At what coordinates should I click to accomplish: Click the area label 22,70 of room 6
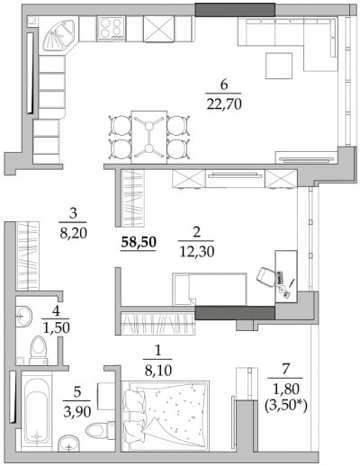coord(224,104)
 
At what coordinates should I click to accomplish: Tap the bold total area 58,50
coord(139,242)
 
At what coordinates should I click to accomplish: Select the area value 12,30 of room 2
coord(197,252)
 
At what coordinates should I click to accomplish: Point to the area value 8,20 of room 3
coord(74,233)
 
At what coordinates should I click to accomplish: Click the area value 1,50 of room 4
coord(57,328)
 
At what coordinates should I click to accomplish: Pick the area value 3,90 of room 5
coord(77,412)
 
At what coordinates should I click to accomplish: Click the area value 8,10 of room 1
coord(158,371)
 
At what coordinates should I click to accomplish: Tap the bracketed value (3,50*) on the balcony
coord(285,407)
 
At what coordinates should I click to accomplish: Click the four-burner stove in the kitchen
coord(111,28)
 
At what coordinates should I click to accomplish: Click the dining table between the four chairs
coord(149,138)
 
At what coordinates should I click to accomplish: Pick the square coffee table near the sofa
coord(279,66)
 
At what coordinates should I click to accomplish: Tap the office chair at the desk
coord(266,277)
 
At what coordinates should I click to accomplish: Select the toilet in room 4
coord(39,350)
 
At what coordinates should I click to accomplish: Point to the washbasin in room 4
coord(23,316)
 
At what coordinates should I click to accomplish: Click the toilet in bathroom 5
coord(100,430)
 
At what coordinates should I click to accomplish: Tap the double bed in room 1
coord(166,416)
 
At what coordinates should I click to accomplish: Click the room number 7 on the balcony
coord(285,369)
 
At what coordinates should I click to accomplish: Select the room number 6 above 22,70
coord(224,85)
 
